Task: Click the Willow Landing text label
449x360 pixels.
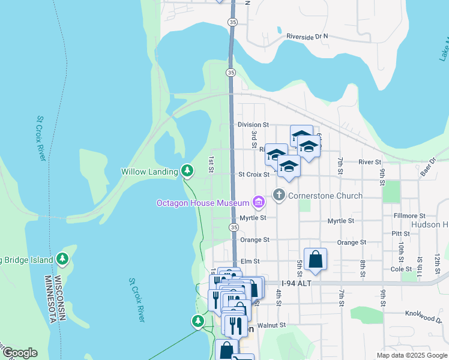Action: (149, 172)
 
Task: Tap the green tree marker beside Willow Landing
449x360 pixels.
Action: (187, 171)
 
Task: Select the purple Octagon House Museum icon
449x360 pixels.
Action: (259, 202)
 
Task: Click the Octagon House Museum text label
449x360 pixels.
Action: (202, 203)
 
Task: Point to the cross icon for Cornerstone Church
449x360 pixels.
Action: (279, 195)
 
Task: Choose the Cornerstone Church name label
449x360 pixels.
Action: (325, 196)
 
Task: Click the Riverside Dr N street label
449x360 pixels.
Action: (307, 37)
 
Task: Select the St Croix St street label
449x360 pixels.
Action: (253, 175)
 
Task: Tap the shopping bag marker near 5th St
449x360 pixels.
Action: (315, 260)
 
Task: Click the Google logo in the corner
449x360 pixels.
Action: (20, 353)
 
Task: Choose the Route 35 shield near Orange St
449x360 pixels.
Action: (234, 227)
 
